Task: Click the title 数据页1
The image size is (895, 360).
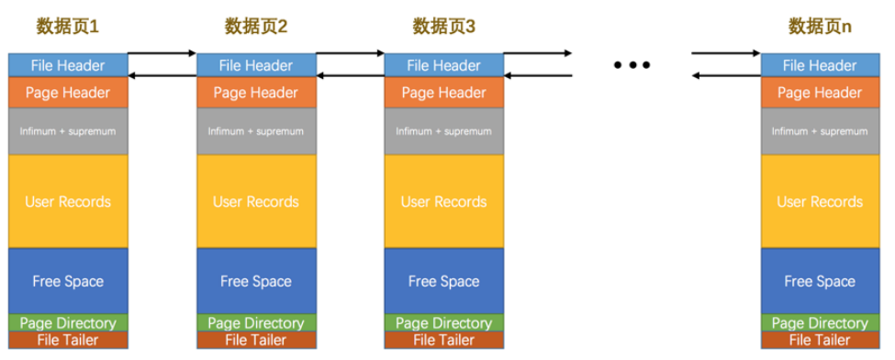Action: click(x=67, y=27)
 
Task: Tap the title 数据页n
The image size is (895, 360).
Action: click(x=821, y=27)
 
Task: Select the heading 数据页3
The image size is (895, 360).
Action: click(x=443, y=27)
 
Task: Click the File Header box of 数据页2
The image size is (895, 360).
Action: click(x=256, y=65)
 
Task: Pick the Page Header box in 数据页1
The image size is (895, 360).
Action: click(x=68, y=93)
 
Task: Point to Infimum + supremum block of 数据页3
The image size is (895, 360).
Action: click(x=444, y=131)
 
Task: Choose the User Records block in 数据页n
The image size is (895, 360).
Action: click(x=821, y=202)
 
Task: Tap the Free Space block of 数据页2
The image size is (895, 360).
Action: click(x=256, y=281)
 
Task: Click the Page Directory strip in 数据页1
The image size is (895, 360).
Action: click(x=68, y=323)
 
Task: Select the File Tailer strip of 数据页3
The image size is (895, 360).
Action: click(x=444, y=340)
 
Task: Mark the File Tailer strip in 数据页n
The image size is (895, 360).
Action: click(x=821, y=340)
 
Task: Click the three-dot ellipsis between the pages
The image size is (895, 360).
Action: click(x=632, y=65)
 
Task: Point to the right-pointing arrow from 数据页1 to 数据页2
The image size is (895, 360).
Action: click(x=162, y=53)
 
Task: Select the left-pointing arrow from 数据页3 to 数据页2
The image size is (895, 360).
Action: click(x=351, y=75)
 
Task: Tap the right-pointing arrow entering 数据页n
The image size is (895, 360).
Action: click(x=726, y=53)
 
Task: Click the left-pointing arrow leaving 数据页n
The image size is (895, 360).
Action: click(x=726, y=75)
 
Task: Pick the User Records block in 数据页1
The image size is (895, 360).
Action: click(x=68, y=202)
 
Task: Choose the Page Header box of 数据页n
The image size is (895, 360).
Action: click(x=821, y=93)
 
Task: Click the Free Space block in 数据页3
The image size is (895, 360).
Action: click(x=444, y=281)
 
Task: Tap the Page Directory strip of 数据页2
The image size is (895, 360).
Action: click(x=256, y=323)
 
